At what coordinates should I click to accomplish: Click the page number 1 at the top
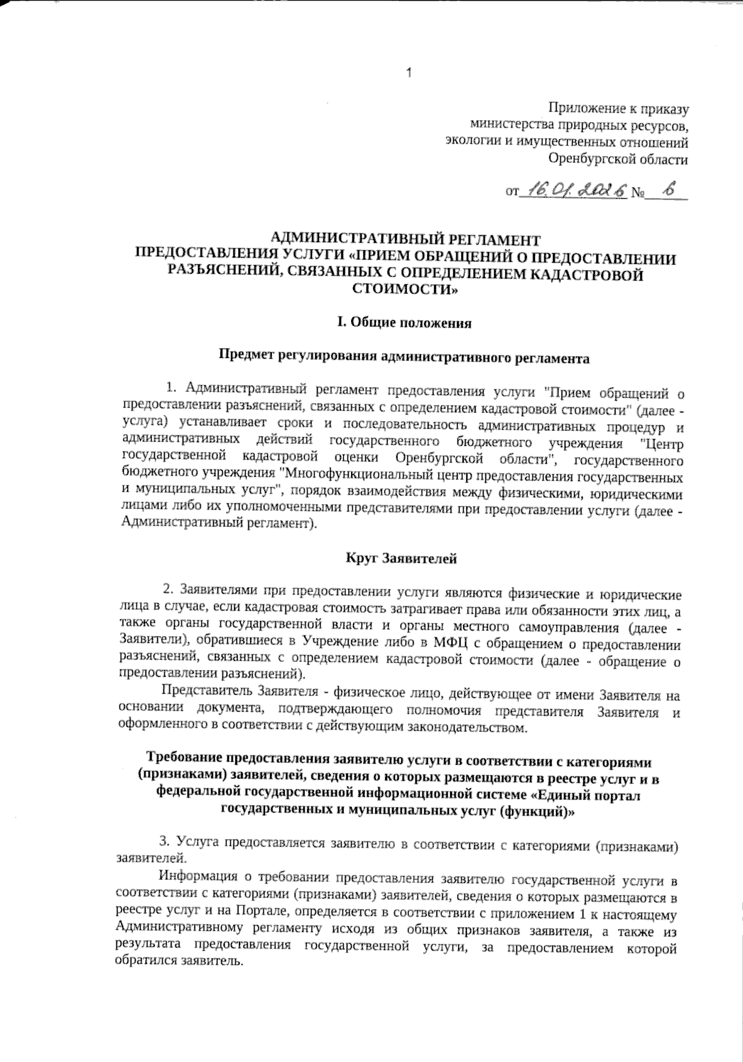(409, 74)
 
